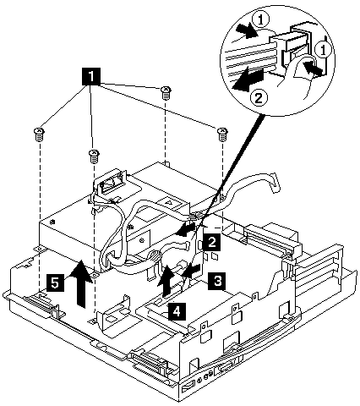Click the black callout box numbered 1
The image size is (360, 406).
[91, 76]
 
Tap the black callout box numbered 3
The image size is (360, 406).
[217, 281]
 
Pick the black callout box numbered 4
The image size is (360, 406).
[177, 311]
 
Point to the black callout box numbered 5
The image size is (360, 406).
[55, 283]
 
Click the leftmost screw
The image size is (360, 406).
[39, 134]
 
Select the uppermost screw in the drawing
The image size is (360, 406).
[166, 93]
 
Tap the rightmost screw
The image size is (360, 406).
[222, 134]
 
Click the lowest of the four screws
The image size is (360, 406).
[93, 156]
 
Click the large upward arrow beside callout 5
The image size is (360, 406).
[82, 284]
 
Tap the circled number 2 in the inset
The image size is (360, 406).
[258, 98]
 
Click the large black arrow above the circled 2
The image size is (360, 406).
[248, 80]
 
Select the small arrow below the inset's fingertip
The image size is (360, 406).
[314, 69]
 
